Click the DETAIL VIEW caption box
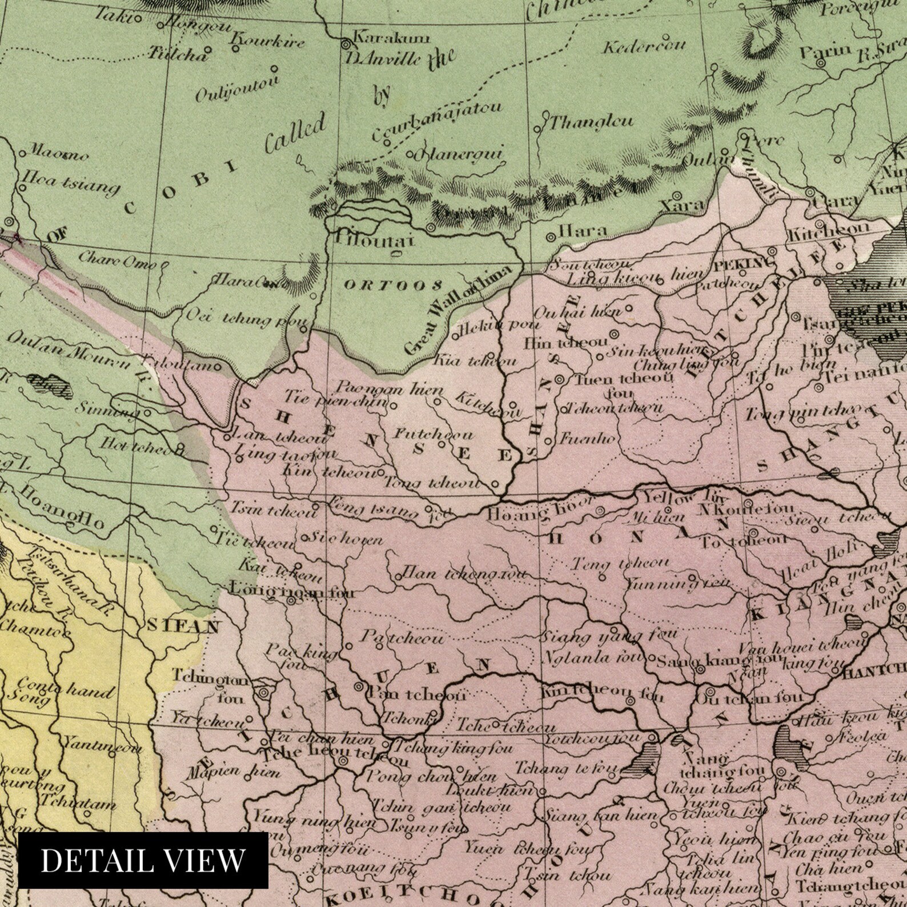[x=143, y=860]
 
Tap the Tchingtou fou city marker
[x=263, y=693]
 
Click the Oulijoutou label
[x=236, y=89]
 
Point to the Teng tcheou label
[x=620, y=563]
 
